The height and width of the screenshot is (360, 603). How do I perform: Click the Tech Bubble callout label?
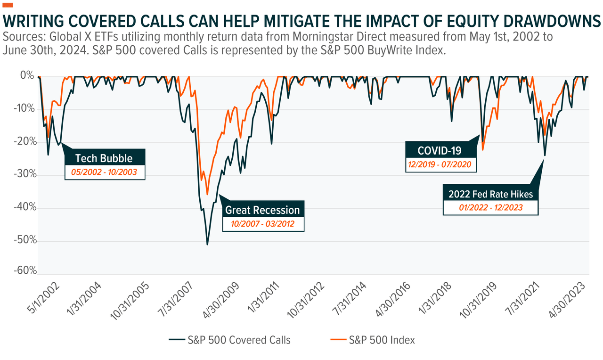tap(104, 158)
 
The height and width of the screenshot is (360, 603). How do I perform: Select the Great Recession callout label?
tap(262, 210)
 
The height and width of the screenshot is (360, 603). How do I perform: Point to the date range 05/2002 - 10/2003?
tap(105, 172)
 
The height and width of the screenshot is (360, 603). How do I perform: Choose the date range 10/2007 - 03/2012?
tap(262, 224)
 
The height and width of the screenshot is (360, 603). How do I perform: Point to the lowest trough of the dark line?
tap(207, 245)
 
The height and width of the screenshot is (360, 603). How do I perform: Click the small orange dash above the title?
tap(8, 5)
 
